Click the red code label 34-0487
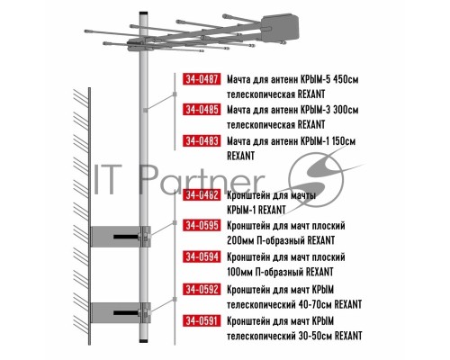(x=202, y=79)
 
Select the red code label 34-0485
(x=202, y=110)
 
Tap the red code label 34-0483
(x=202, y=140)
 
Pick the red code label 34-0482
(x=202, y=195)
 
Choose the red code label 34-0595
(x=202, y=225)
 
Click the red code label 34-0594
(x=202, y=257)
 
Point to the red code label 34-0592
(x=202, y=290)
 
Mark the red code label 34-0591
(x=202, y=320)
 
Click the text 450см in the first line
(x=346, y=79)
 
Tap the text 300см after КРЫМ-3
(x=346, y=110)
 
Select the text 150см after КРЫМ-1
(x=344, y=141)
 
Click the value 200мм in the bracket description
(x=239, y=240)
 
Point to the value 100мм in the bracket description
(x=239, y=272)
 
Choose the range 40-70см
(x=315, y=305)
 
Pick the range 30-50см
(x=315, y=336)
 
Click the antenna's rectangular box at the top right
(x=280, y=27)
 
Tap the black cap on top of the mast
(x=143, y=13)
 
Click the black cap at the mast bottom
(x=144, y=340)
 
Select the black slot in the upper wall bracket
(x=126, y=237)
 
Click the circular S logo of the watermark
(x=316, y=180)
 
